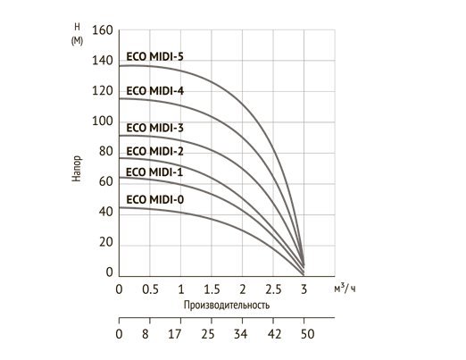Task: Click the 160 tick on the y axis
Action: [103, 30]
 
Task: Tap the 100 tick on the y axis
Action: [103, 121]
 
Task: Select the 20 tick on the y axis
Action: [105, 242]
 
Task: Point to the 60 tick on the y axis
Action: [105, 181]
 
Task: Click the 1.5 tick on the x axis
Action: [212, 291]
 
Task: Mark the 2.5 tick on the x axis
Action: [273, 291]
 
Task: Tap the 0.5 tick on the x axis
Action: [150, 291]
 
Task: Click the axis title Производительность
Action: [226, 306]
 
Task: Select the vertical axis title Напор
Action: [79, 168]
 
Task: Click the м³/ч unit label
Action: [345, 288]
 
